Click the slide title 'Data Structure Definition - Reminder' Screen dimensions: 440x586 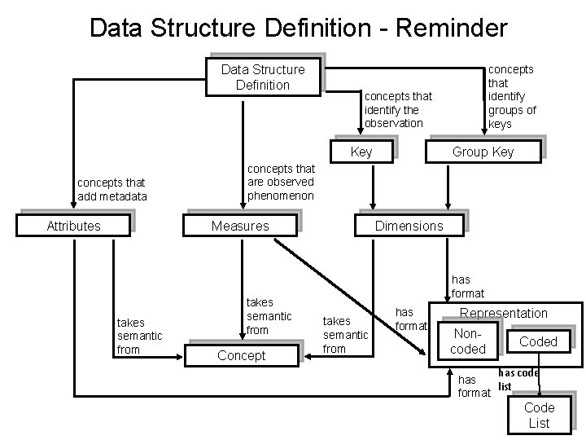pos(298,28)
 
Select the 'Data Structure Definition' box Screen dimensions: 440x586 pos(263,77)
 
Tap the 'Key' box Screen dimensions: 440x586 pos(361,152)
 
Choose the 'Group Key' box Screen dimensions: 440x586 pos(483,152)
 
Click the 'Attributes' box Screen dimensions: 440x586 pos(74,226)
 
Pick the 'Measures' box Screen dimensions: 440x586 pos(240,226)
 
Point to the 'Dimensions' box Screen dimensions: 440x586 pos(409,226)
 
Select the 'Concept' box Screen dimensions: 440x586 pos(242,355)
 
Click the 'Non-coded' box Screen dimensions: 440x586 pos(468,341)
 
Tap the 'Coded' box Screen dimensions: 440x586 pos(538,341)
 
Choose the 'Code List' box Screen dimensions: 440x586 pos(539,415)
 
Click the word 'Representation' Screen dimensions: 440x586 pos(504,313)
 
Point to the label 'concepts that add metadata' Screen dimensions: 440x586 pos(112,189)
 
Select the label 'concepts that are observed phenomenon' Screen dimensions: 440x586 pos(281,182)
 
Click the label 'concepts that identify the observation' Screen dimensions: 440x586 pos(399,109)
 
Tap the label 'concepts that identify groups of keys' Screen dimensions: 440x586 pos(512,96)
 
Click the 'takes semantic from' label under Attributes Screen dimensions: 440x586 pos(140,337)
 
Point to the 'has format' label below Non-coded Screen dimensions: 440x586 pos(474,386)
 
